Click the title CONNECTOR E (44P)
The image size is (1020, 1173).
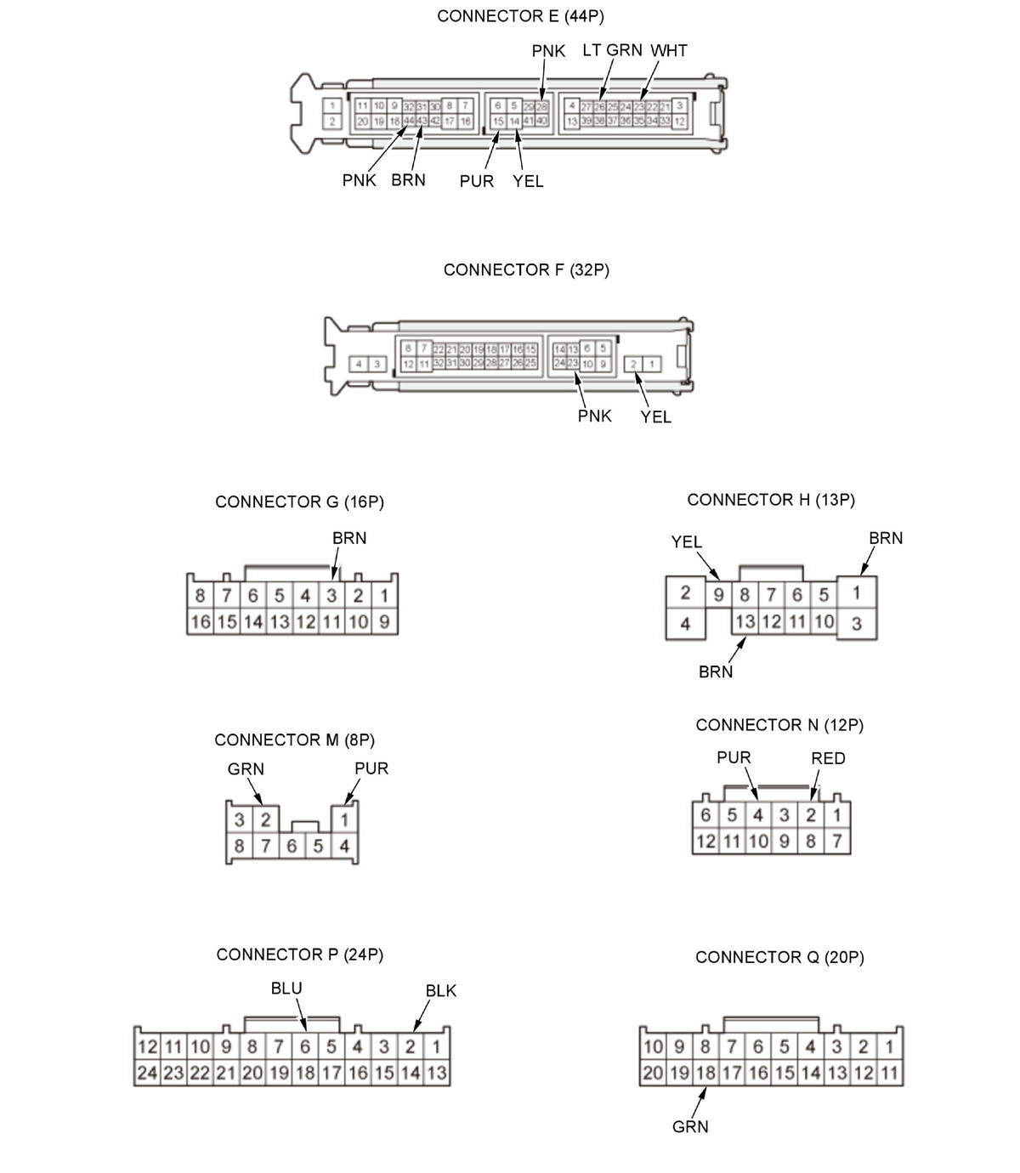(x=520, y=16)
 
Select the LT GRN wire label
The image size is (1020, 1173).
(x=612, y=50)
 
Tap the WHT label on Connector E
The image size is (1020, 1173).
(x=669, y=51)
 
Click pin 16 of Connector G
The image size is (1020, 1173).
(x=200, y=621)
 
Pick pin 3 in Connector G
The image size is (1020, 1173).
(x=331, y=596)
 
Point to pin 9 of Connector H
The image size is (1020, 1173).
(x=718, y=594)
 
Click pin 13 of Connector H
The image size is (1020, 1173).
(x=745, y=621)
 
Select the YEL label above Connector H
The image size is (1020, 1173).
(x=686, y=542)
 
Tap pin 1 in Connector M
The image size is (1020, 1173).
(x=344, y=820)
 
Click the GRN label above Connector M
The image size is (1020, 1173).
(x=246, y=769)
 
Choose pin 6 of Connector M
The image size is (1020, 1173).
(x=292, y=847)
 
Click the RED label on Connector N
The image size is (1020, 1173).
(x=828, y=758)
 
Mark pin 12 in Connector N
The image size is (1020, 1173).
(x=705, y=841)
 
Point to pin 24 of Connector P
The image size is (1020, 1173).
(x=147, y=1073)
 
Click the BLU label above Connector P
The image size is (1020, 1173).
(x=286, y=989)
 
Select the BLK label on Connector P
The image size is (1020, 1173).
(x=441, y=991)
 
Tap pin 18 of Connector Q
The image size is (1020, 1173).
(x=705, y=1073)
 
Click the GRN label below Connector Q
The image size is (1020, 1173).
(x=690, y=1127)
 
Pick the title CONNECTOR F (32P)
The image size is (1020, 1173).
(x=526, y=270)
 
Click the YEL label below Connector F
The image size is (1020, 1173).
(x=655, y=416)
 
